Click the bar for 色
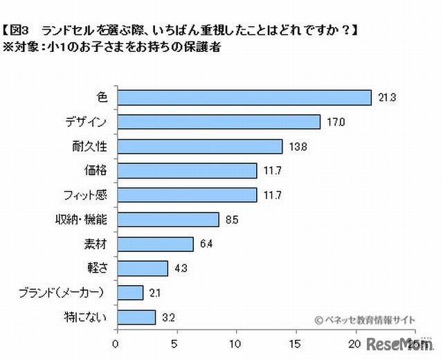tap(244, 98)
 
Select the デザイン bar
tap(218, 122)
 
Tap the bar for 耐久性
tap(199, 146)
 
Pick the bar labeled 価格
tap(186, 170)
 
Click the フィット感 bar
tap(186, 195)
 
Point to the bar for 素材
tap(154, 244)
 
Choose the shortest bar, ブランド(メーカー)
tap(129, 293)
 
